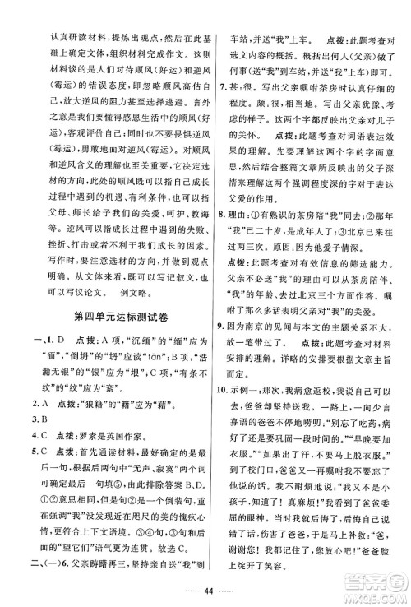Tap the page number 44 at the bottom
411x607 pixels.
point(205,591)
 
